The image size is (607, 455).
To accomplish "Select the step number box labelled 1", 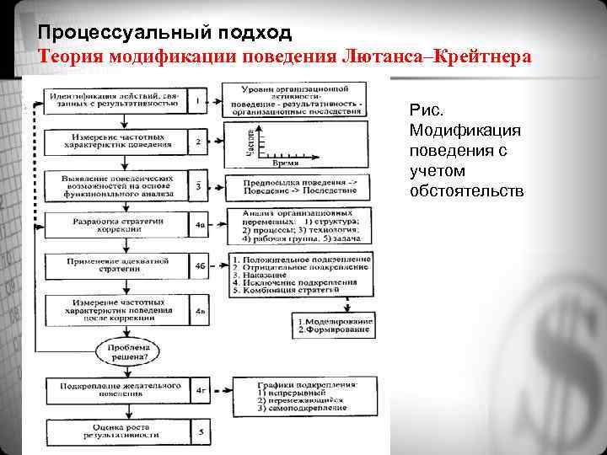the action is point(197,102).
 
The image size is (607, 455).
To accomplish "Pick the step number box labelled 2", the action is point(197,141).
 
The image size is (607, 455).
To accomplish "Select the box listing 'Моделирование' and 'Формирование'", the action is point(334,326).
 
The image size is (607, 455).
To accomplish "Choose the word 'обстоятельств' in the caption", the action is point(466,191).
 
